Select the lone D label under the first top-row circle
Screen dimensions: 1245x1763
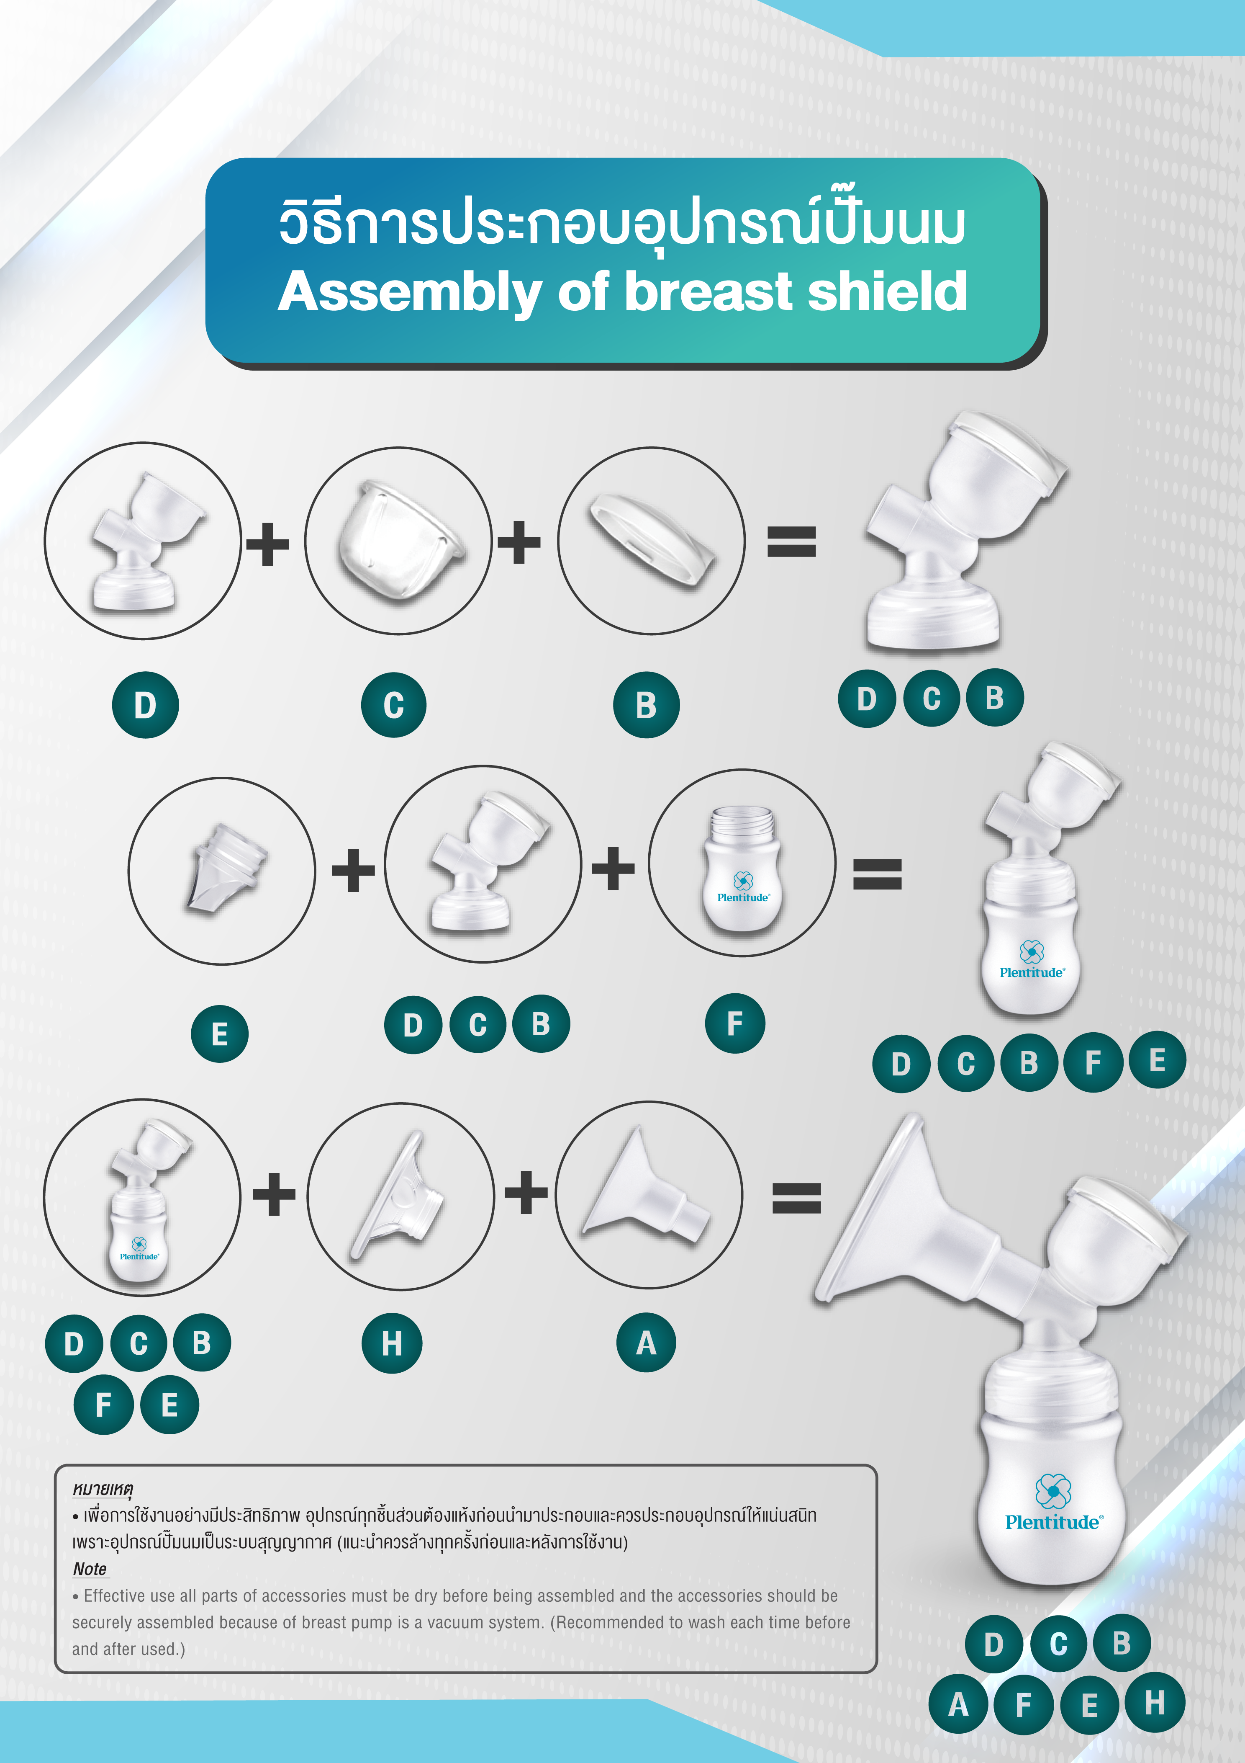(x=145, y=705)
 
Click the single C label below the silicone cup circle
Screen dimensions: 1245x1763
(x=394, y=705)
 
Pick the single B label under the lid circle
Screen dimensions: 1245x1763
(x=646, y=705)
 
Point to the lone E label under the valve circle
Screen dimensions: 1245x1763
(x=220, y=1034)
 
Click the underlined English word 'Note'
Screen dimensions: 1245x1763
(x=90, y=1569)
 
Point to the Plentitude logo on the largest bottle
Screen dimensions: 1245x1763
(x=1054, y=1501)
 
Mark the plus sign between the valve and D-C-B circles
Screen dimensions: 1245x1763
(x=353, y=870)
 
